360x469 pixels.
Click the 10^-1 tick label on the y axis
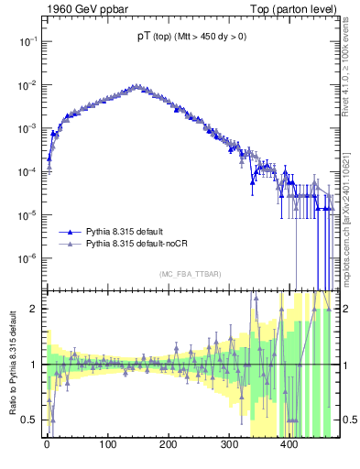point(27,42)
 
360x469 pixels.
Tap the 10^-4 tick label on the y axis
point(27,172)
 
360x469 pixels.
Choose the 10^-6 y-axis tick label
point(27,258)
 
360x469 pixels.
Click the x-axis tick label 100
point(107,445)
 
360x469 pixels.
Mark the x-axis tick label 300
point(229,445)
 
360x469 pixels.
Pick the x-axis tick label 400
point(289,445)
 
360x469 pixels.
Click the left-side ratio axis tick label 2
point(34,309)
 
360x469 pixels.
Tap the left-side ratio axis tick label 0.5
point(30,420)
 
